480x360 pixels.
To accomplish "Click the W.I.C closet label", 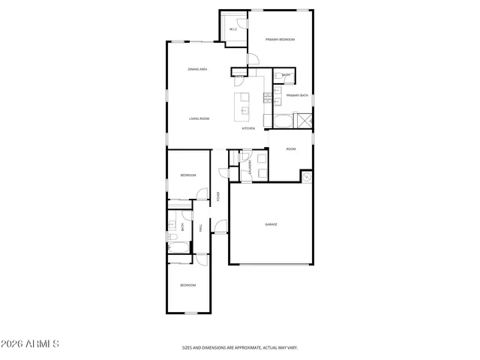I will point(232,29).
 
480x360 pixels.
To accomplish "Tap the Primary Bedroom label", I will point(280,39).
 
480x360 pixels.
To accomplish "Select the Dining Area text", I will point(197,69).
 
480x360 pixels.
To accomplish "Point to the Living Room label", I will point(199,118).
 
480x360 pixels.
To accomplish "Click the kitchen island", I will point(244,106).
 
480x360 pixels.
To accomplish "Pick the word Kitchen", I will point(248,129).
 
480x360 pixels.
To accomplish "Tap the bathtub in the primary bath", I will point(281,120).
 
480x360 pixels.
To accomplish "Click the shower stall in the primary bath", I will point(304,121).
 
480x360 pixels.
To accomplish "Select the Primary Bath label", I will point(297,95).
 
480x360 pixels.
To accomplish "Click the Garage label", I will point(271,224).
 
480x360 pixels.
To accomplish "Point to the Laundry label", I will point(250,166).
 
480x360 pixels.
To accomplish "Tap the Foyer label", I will point(218,197).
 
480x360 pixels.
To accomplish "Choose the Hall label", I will point(200,228).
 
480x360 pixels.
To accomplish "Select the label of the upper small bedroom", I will point(187,175).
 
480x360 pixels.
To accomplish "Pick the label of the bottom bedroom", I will point(187,285).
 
